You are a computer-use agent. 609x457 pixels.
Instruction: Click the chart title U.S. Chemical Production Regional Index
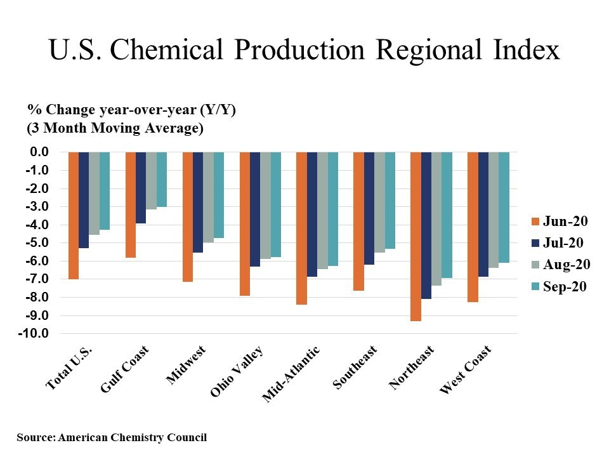click(304, 50)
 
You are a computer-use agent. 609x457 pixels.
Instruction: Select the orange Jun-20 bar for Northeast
click(416, 236)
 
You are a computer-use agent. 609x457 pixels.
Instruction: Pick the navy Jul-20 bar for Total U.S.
click(84, 200)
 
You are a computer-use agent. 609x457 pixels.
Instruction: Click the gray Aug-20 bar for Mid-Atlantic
click(322, 210)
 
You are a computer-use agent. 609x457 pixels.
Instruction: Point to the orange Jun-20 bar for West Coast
click(473, 227)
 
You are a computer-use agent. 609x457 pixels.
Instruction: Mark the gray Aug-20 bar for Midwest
click(208, 197)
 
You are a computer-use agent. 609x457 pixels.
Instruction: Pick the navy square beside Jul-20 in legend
click(534, 243)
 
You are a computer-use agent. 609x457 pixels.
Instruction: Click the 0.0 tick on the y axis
click(39, 152)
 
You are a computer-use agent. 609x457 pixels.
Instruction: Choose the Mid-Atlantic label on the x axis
click(291, 374)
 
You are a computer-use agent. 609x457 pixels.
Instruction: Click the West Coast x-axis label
click(465, 369)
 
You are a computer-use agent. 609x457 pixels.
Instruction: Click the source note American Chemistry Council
click(112, 437)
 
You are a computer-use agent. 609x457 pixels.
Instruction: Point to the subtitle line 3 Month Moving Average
click(114, 128)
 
